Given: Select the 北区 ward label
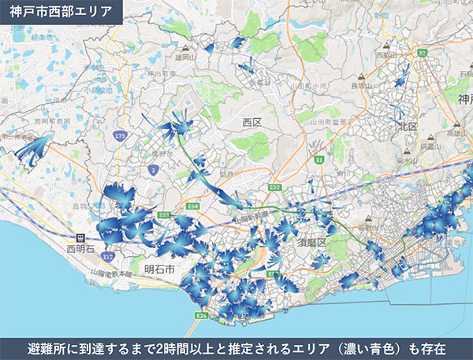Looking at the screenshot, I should (407, 126).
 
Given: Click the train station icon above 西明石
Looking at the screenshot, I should (79, 236).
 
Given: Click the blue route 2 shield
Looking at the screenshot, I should (152, 169).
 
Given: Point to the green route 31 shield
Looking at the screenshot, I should (318, 160).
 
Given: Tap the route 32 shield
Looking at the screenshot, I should (423, 53).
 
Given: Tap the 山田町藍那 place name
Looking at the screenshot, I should (345, 122).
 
